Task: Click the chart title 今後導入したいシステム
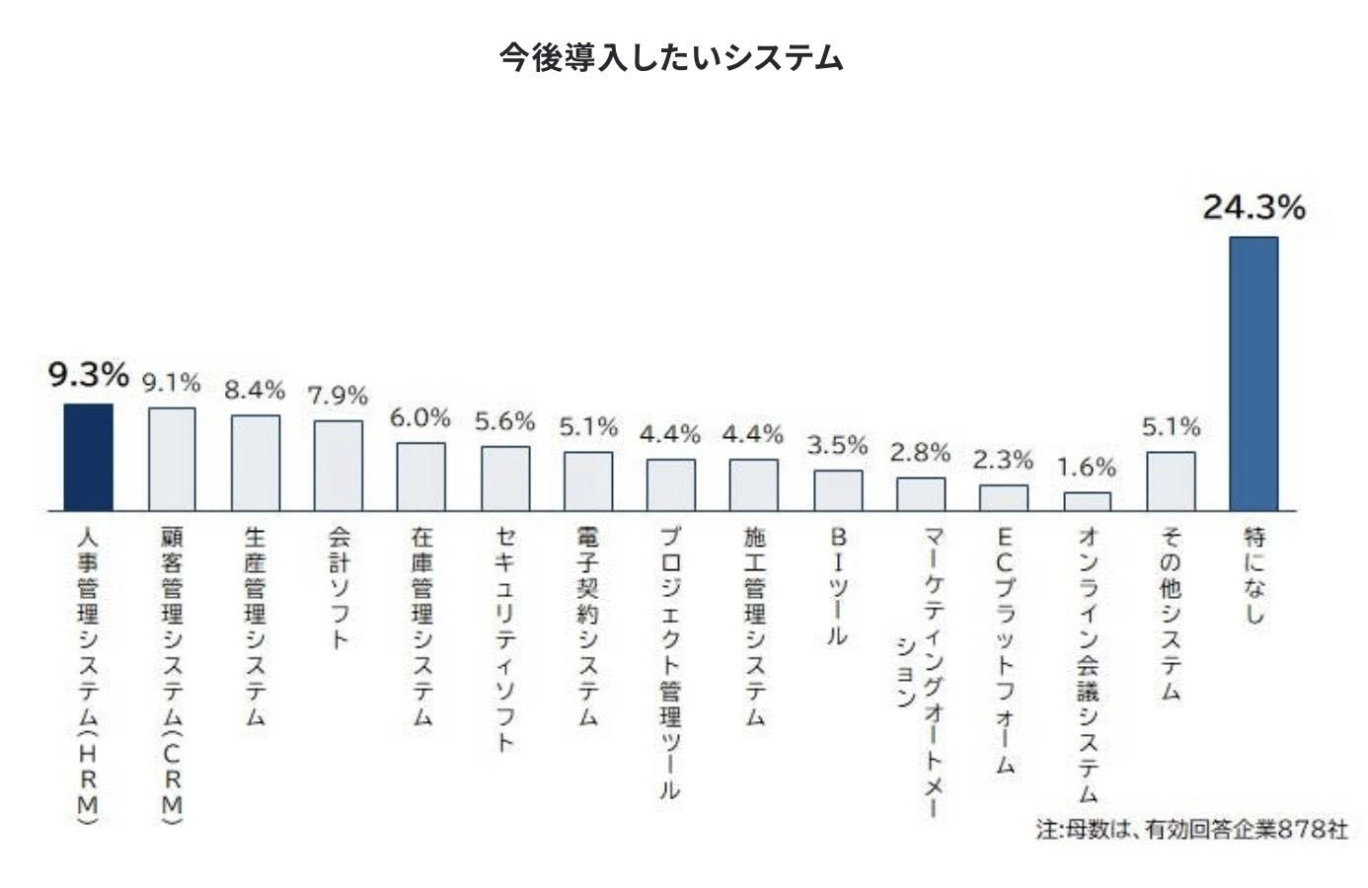pyautogui.click(x=670, y=57)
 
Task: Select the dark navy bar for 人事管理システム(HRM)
pyautogui.click(x=89, y=457)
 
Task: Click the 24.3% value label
pyautogui.click(x=1253, y=207)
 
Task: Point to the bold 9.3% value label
pyautogui.click(x=89, y=375)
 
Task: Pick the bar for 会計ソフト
pyautogui.click(x=339, y=466)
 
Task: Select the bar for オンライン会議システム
pyautogui.click(x=1087, y=501)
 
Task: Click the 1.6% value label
pyautogui.click(x=1087, y=467)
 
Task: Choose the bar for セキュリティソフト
pyautogui.click(x=505, y=479)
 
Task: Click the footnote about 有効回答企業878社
pyautogui.click(x=1191, y=829)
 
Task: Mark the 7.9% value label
pyautogui.click(x=338, y=396)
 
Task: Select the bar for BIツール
pyautogui.click(x=838, y=490)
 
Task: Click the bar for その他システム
pyautogui.click(x=1171, y=481)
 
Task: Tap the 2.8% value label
pyautogui.click(x=920, y=453)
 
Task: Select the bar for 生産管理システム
pyautogui.click(x=256, y=463)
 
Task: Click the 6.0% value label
pyautogui.click(x=419, y=417)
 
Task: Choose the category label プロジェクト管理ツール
pyautogui.click(x=671, y=662)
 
